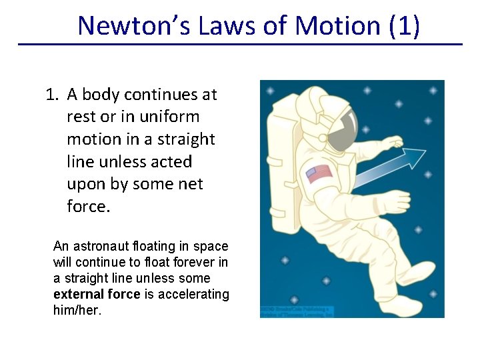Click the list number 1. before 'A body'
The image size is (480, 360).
pyautogui.click(x=53, y=95)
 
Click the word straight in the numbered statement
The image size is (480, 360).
pyautogui.click(x=185, y=139)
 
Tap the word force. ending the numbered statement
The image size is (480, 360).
pyautogui.click(x=88, y=207)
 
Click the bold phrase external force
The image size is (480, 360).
pyautogui.click(x=97, y=294)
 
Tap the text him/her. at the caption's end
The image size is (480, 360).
pyautogui.click(x=77, y=310)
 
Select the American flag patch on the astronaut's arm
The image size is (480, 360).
pyautogui.click(x=319, y=173)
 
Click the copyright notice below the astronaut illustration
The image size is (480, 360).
pyautogui.click(x=297, y=312)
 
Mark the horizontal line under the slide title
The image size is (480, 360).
pyautogui.click(x=240, y=45)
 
